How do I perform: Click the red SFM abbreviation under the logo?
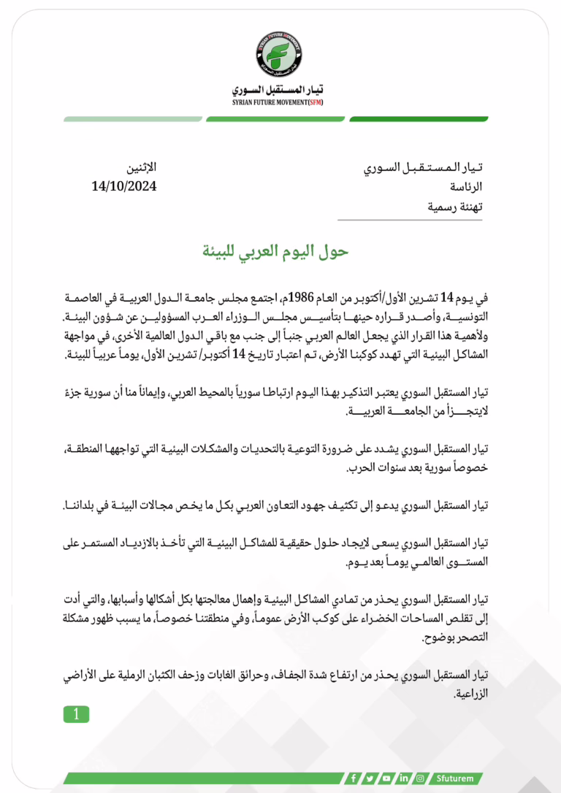(314, 102)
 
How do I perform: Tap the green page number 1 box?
(76, 714)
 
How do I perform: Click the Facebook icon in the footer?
(354, 778)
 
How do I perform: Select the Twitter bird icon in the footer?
(370, 778)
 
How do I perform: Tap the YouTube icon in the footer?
(386, 778)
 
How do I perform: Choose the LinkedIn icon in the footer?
(403, 778)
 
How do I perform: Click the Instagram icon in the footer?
(420, 778)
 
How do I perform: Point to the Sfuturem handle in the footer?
(456, 778)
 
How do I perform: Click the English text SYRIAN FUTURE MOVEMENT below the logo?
(269, 102)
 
